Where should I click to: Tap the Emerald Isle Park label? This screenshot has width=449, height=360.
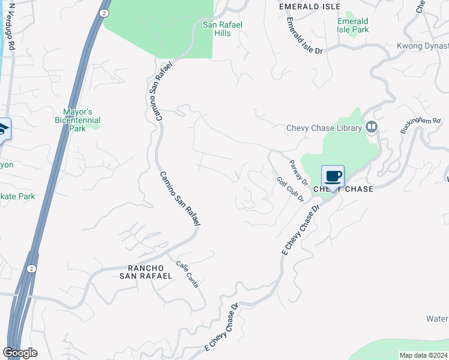tap(352, 25)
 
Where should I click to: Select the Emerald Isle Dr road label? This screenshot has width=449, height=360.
tap(304, 35)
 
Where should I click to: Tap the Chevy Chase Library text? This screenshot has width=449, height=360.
tap(324, 128)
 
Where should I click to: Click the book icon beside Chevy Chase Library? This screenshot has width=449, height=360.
tap(372, 127)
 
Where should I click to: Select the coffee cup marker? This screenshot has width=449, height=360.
tap(333, 177)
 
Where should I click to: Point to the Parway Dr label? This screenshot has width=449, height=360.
tap(298, 172)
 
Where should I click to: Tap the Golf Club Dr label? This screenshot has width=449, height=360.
tap(290, 189)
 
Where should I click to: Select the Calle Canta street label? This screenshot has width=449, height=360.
tap(187, 274)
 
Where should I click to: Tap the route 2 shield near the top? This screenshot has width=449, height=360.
tap(105, 13)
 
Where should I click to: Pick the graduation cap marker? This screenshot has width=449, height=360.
tap(3, 130)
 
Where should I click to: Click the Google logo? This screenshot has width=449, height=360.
tap(20, 353)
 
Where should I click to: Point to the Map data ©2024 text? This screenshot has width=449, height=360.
tap(423, 355)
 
